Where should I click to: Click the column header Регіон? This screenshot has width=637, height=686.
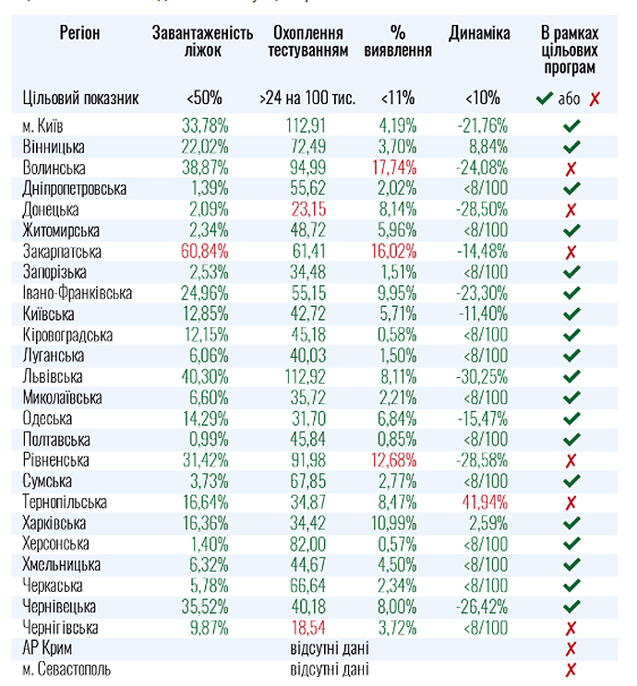click(x=79, y=34)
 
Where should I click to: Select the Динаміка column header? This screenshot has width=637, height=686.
click(x=479, y=34)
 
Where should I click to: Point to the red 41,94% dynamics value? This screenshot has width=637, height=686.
click(x=482, y=503)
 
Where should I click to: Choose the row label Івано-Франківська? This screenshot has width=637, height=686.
click(x=78, y=293)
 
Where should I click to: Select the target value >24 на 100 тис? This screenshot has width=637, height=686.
click(x=307, y=98)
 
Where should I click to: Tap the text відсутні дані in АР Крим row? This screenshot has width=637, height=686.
click(x=330, y=648)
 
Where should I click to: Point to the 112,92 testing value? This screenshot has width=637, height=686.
click(x=307, y=377)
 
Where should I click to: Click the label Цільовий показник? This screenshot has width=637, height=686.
click(x=79, y=98)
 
